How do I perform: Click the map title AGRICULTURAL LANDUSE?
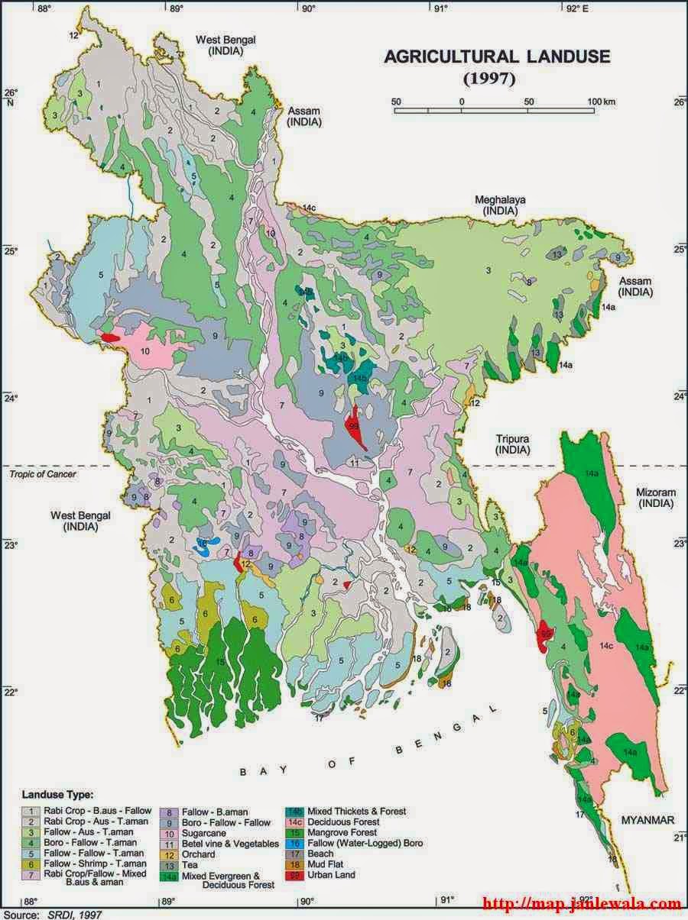497,56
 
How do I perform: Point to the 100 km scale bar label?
602,101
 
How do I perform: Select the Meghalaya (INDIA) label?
500,205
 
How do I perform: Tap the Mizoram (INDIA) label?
656,498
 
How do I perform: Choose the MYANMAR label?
647,820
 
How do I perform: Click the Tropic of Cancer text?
43,474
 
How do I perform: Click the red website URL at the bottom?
581,904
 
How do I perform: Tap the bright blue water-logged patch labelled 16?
204,546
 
